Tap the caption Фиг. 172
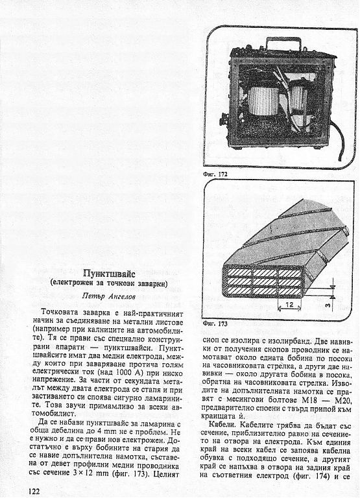pyautogui.click(x=215, y=174)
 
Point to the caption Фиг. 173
pyautogui.click(x=215, y=324)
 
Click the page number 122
pyautogui.click(x=34, y=492)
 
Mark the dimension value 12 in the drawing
pyautogui.click(x=289, y=305)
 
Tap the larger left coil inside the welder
pyautogui.click(x=264, y=101)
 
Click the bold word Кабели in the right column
pyautogui.click(x=222, y=425)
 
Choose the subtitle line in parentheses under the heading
pyautogui.click(x=109, y=283)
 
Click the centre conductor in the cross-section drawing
pyautogui.click(x=265, y=281)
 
